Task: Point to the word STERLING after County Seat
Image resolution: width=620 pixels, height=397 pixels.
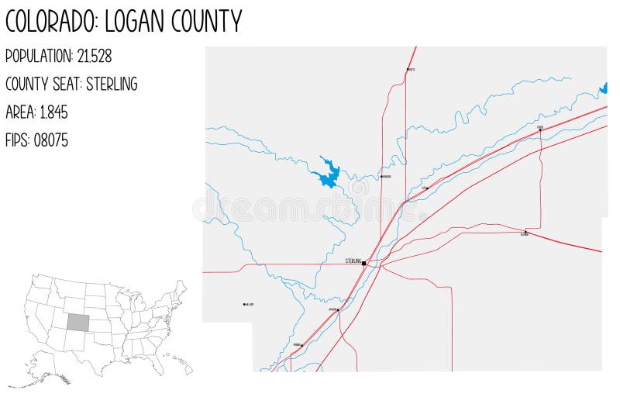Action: coord(112,84)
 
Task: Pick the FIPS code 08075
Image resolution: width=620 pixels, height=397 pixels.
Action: coord(51,140)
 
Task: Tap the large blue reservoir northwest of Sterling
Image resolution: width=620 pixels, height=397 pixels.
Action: coord(329,174)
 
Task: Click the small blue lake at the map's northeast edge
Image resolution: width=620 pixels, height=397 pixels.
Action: coord(604,88)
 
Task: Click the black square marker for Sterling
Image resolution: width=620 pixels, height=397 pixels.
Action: coord(363,263)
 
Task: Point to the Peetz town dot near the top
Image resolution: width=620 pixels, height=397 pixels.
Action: coord(408,70)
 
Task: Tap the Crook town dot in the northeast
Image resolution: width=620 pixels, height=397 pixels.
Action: coord(540,129)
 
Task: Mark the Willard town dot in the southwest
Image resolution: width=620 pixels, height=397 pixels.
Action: coord(244,304)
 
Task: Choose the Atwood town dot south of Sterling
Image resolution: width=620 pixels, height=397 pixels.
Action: coord(338,310)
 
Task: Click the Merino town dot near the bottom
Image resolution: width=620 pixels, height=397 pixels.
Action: coord(302,345)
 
